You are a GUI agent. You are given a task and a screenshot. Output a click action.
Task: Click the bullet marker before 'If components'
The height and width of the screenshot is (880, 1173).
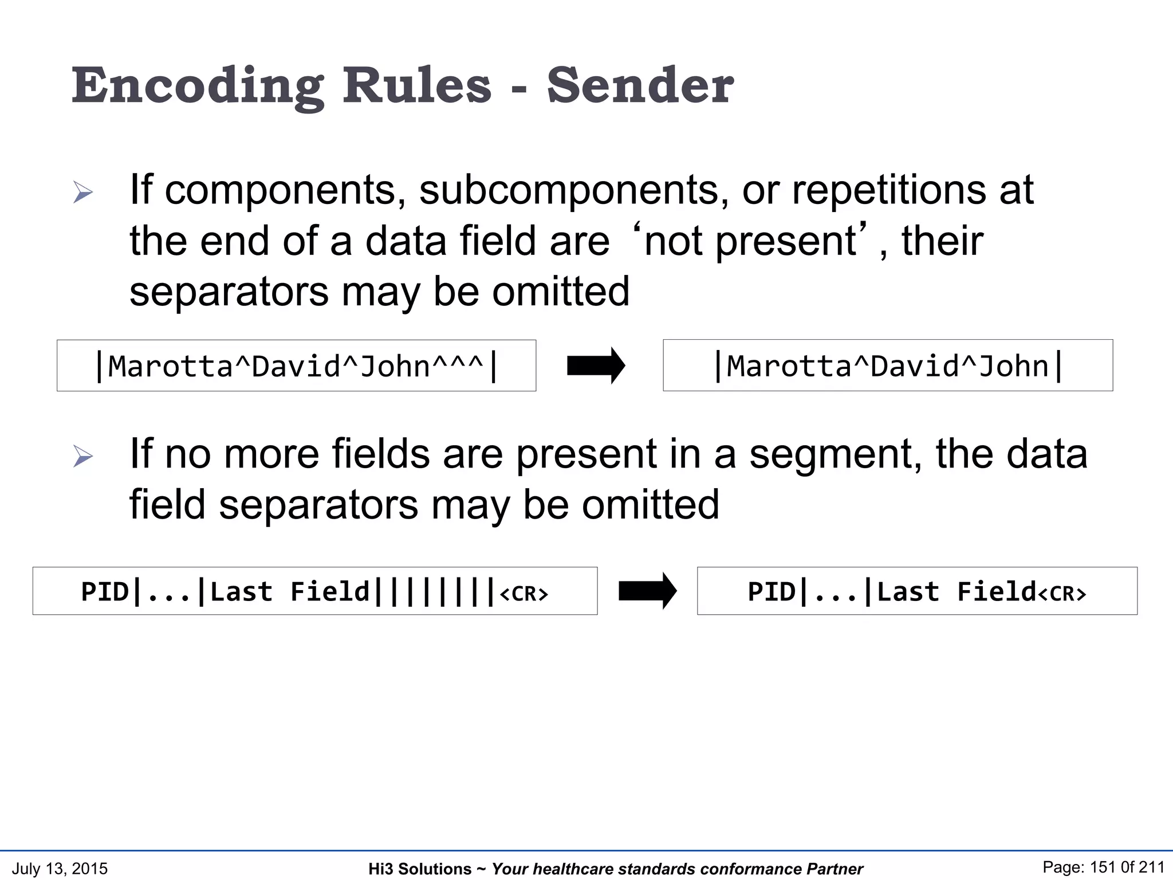point(83,192)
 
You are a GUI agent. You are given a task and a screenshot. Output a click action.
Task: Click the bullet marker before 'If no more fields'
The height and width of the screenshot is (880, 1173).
point(83,457)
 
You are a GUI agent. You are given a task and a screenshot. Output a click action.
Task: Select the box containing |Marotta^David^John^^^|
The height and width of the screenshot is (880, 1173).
point(296,366)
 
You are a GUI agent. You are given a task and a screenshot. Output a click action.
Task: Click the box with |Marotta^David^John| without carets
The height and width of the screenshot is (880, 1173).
point(888,366)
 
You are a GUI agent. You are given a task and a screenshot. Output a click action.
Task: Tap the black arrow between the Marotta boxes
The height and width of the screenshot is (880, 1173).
point(596,366)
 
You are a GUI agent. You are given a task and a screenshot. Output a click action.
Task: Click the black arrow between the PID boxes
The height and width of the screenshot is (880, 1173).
point(647,591)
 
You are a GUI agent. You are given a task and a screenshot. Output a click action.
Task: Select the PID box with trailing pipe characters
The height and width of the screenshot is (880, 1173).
point(315,591)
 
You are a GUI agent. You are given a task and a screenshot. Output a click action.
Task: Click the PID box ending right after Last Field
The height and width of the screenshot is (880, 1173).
point(916,591)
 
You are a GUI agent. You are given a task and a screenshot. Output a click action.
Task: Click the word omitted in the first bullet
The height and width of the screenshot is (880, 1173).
point(561,292)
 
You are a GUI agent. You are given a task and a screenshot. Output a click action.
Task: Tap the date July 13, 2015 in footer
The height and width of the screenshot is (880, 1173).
point(60,869)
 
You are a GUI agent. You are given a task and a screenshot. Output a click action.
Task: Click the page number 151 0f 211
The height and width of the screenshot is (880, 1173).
point(1103,867)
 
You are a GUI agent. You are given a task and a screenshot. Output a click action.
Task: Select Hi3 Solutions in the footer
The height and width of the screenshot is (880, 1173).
point(420,869)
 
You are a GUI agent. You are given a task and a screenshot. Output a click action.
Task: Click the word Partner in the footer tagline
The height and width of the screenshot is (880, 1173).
point(834,869)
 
